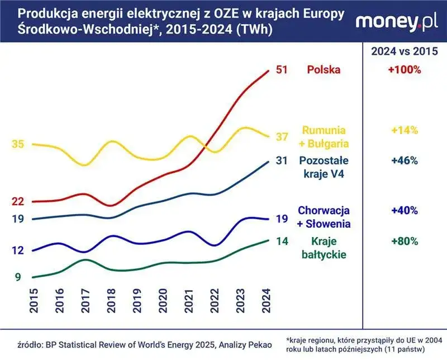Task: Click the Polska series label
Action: (x=324, y=70)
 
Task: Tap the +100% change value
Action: (x=405, y=70)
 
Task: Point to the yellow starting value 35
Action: (x=17, y=144)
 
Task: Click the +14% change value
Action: (x=405, y=130)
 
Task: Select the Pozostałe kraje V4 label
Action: (x=324, y=167)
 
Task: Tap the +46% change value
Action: (x=405, y=161)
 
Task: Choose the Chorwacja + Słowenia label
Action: (x=324, y=217)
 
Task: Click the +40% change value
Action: (x=405, y=211)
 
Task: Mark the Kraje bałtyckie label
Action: (x=324, y=248)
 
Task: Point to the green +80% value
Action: (x=405, y=242)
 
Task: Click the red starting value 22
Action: (x=17, y=201)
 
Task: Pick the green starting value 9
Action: (x=17, y=277)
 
